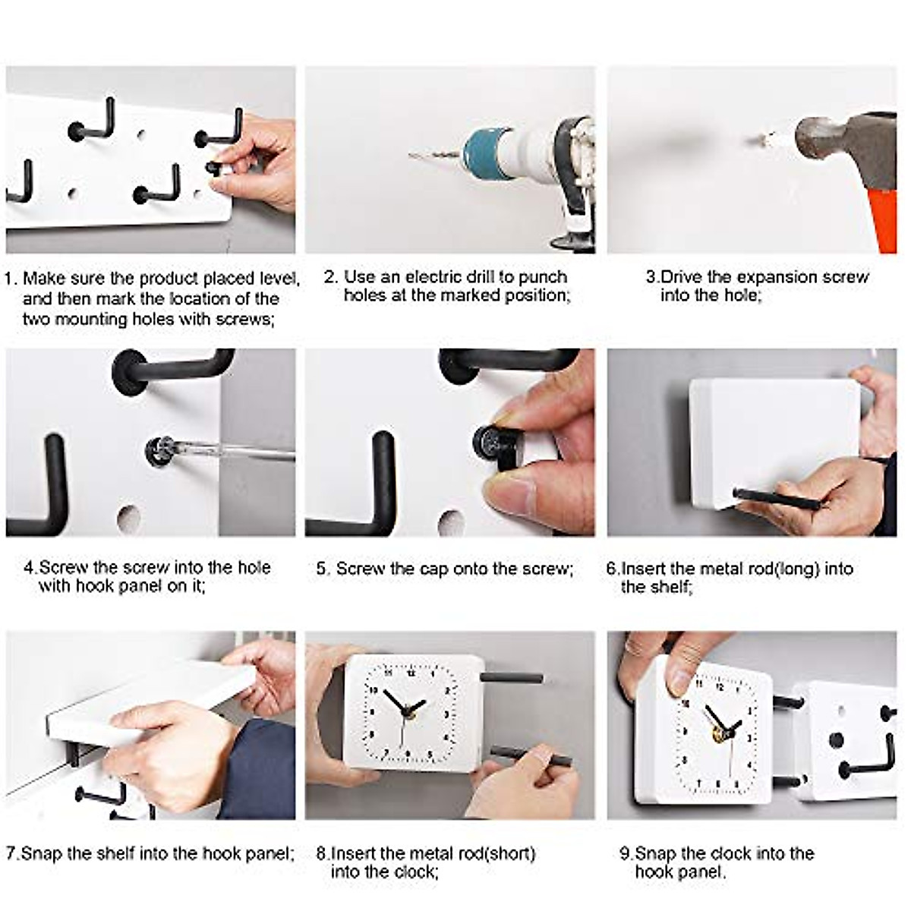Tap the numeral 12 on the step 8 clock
pyautogui.click(x=411, y=673)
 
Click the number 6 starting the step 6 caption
pyautogui.click(x=611, y=569)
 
